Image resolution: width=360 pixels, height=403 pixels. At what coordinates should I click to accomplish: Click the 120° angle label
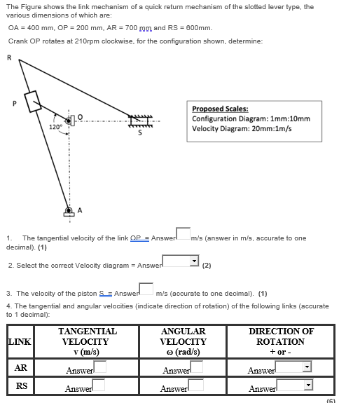[56, 127]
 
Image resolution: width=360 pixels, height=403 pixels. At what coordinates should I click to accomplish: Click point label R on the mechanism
[9, 58]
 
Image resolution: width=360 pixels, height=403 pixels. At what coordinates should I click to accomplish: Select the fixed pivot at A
[69, 210]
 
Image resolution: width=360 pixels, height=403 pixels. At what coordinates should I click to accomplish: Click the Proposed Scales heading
[215, 109]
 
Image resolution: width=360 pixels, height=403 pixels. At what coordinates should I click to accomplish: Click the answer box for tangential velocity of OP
[182, 233]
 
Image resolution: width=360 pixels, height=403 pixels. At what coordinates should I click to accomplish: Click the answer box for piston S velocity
[146, 289]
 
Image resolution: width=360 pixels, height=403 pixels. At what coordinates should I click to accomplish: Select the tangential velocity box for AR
[99, 366]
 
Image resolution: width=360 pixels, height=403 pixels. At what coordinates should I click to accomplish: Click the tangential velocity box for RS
[99, 384]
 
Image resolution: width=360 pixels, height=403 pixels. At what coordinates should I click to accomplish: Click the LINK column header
[20, 341]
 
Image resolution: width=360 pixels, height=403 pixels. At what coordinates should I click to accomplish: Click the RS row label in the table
[21, 385]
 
